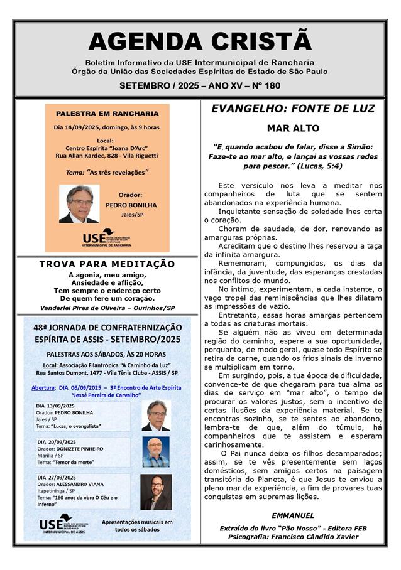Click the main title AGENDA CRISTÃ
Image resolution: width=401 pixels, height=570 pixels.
[200, 41]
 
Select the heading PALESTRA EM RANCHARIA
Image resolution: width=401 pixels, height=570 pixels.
[107, 114]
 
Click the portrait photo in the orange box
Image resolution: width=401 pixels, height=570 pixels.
[79, 204]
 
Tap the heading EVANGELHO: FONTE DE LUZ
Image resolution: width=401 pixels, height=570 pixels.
[293, 109]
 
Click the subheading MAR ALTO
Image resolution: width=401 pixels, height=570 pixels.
[293, 128]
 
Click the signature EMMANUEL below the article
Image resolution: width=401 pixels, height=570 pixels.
[293, 515]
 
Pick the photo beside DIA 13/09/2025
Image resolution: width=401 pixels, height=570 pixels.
[155, 416]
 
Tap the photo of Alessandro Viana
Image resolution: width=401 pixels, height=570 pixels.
[155, 492]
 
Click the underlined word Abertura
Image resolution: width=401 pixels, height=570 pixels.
[43, 388]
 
